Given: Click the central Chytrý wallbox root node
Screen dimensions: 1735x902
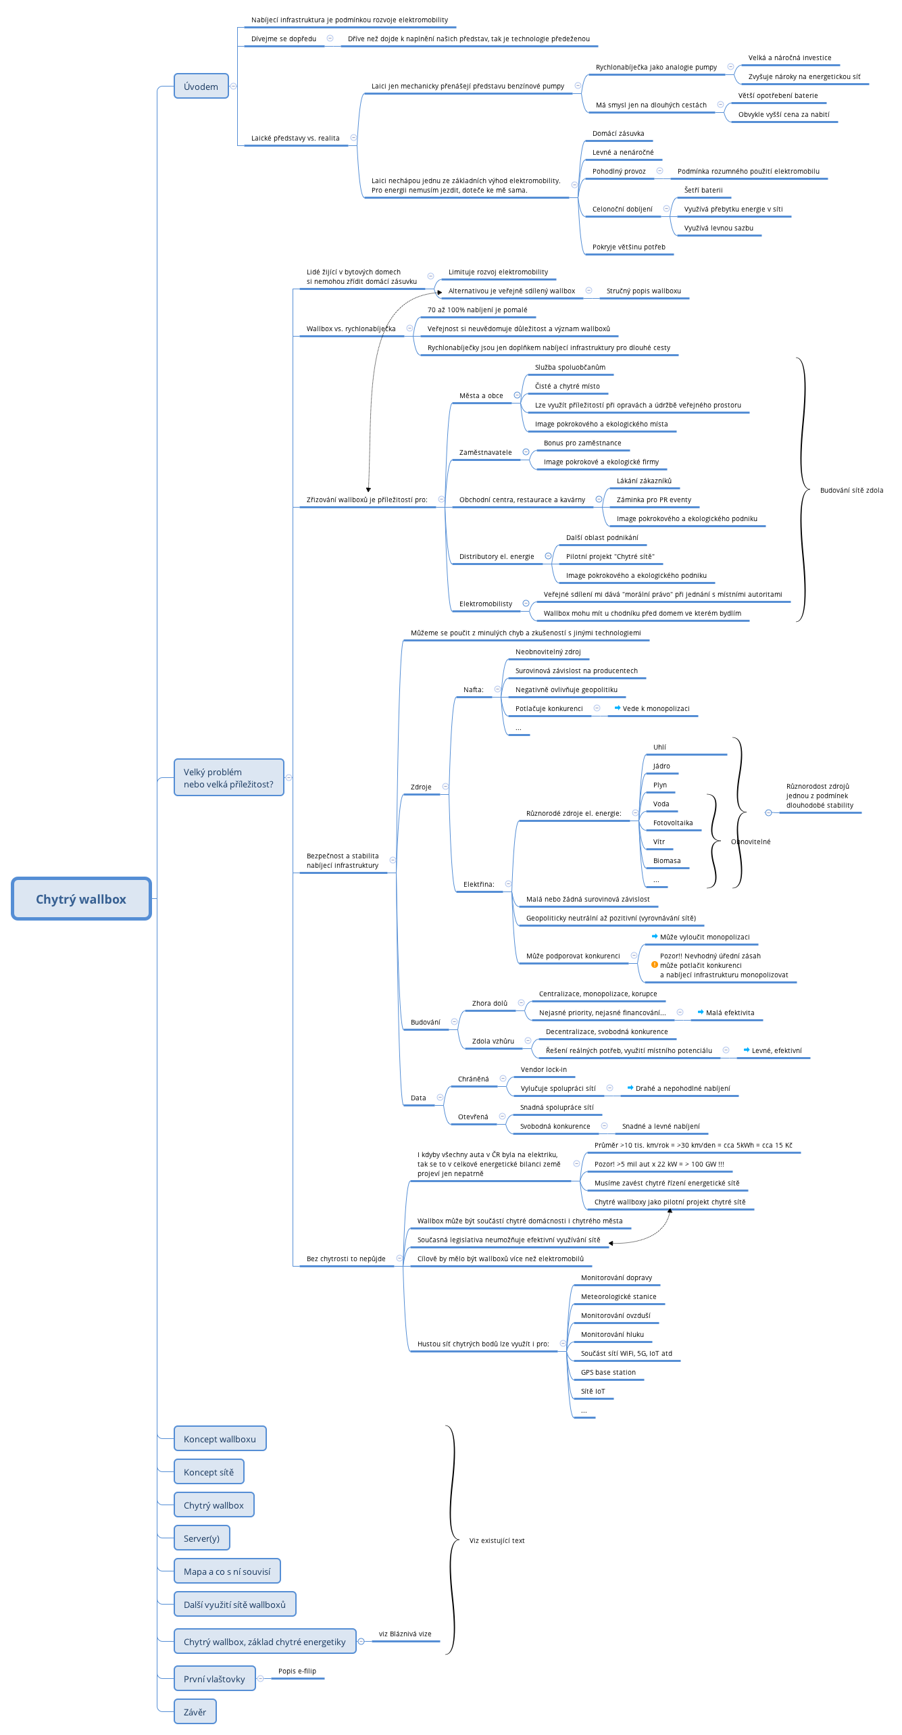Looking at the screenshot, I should [x=81, y=899].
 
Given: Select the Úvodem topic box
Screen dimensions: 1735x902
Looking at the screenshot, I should [x=201, y=87].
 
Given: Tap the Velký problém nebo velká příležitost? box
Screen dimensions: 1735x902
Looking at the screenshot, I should [x=228, y=778].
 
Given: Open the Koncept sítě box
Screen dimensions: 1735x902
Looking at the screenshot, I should [x=209, y=1472].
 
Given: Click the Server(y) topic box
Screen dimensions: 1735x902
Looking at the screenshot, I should [x=201, y=1538].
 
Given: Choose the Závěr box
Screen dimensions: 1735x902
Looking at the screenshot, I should [x=195, y=1712].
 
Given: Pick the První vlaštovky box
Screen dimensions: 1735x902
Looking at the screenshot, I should [x=214, y=1679].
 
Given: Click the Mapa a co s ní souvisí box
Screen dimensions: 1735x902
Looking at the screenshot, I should [x=227, y=1571].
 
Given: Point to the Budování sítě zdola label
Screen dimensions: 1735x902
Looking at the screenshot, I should [x=851, y=491].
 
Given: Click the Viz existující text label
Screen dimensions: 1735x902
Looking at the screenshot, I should [x=497, y=1541].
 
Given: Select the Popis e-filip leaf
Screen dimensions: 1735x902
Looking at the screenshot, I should [x=297, y=1671].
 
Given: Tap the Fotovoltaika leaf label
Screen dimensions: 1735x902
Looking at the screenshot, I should [x=672, y=823].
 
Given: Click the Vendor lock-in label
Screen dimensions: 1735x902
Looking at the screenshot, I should [x=543, y=1069].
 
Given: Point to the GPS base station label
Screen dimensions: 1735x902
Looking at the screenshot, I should [x=608, y=1372].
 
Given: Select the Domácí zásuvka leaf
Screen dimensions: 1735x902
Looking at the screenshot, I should [x=618, y=134].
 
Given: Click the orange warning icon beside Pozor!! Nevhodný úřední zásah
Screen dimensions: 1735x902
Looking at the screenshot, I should [x=654, y=964].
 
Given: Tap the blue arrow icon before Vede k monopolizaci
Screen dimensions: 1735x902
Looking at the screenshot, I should [x=617, y=708].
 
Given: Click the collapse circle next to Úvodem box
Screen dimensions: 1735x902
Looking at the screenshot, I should [x=233, y=87].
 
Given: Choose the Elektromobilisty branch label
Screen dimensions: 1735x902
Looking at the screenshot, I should [x=485, y=604].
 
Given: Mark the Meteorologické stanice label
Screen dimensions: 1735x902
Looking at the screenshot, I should [x=618, y=1296].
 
